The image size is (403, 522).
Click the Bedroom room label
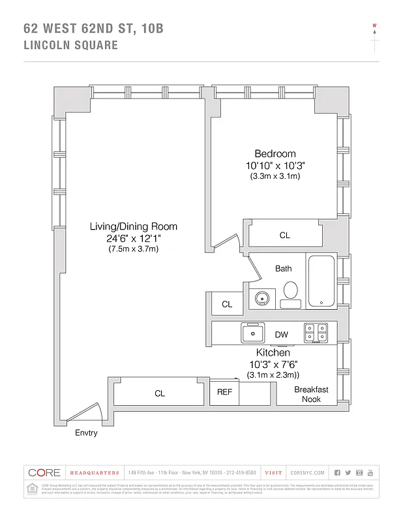[x=275, y=154]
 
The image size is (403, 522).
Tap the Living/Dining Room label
[x=133, y=226]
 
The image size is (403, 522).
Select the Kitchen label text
[x=273, y=352]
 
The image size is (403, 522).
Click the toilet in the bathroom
[x=290, y=293]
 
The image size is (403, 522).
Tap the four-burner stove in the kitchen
[x=316, y=333]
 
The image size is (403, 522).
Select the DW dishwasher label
[x=281, y=335]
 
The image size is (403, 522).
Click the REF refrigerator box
[x=224, y=393]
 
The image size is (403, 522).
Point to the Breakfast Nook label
[x=311, y=394]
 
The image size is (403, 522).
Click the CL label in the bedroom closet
[x=284, y=236]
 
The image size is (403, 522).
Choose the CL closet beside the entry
[x=160, y=393]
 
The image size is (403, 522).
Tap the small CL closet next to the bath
[x=227, y=304]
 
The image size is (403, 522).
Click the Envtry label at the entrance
[x=86, y=433]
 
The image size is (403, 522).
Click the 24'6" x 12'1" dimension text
[x=133, y=238]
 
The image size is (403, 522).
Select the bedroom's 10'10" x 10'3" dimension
[x=275, y=166]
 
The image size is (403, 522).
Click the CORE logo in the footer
[x=44, y=472]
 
